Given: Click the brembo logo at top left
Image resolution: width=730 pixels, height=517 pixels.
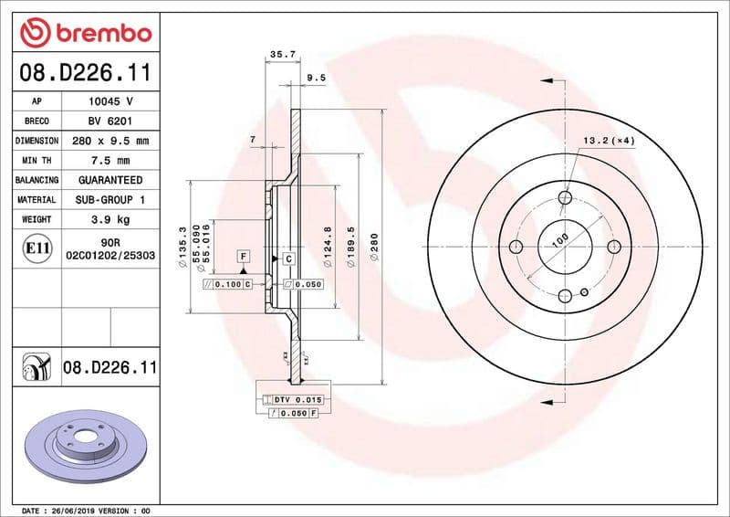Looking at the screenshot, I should click(x=85, y=33).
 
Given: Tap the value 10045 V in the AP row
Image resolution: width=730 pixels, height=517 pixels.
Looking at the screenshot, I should click(x=111, y=101).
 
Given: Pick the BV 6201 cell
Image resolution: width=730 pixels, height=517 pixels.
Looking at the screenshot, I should click(x=111, y=121).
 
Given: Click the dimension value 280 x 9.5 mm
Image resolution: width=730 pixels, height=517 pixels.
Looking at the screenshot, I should click(x=111, y=141).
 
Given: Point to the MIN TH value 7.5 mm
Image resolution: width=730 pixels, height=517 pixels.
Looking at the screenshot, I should click(x=111, y=161).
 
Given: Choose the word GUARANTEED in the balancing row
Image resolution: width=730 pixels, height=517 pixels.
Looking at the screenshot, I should click(x=111, y=180).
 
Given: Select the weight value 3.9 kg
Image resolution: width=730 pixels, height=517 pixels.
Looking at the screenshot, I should click(x=111, y=219).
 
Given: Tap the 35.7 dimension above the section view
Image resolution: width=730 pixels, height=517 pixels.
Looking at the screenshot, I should click(x=283, y=55).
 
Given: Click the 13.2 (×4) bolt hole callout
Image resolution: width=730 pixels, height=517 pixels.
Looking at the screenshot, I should click(x=609, y=141).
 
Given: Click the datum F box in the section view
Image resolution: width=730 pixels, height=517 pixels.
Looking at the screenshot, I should click(x=244, y=257).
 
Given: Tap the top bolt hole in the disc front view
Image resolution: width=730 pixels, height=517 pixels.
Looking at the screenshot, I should click(x=565, y=197).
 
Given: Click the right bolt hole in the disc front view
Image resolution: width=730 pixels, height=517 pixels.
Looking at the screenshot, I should click(x=613, y=246).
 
